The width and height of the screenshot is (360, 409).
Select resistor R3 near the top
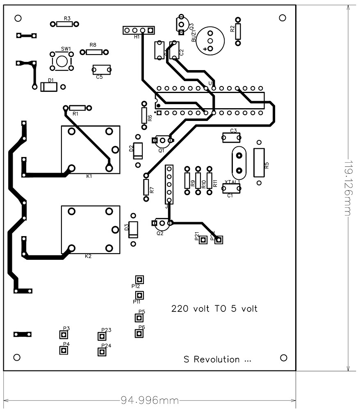[x=65, y=24]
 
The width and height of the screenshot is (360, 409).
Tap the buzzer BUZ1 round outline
[x=210, y=41]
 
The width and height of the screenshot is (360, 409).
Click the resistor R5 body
[x=259, y=163]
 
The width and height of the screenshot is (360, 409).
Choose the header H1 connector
[x=138, y=30]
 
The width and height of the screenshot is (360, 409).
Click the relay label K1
[x=89, y=176]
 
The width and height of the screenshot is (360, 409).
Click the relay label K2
[x=88, y=256]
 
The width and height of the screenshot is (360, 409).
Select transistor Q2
[x=162, y=223]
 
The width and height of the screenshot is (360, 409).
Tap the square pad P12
[x=139, y=279]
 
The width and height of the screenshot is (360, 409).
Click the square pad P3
[x=64, y=335]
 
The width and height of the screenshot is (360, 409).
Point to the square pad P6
[x=139, y=333]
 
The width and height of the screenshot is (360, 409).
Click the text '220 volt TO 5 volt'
[x=214, y=309]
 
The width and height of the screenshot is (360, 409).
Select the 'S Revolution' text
[x=217, y=359]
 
